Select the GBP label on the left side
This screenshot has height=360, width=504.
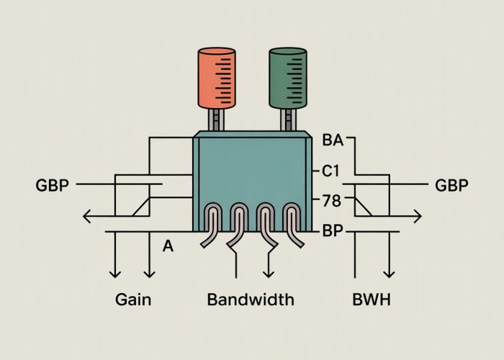52,186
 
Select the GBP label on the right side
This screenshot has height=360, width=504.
452,186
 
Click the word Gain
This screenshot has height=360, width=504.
133,300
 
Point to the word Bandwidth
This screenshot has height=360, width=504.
251,300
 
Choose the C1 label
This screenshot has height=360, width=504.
330,172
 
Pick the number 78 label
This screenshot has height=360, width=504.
330,202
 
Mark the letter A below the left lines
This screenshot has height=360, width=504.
168,246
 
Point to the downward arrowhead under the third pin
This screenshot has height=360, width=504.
269,274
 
